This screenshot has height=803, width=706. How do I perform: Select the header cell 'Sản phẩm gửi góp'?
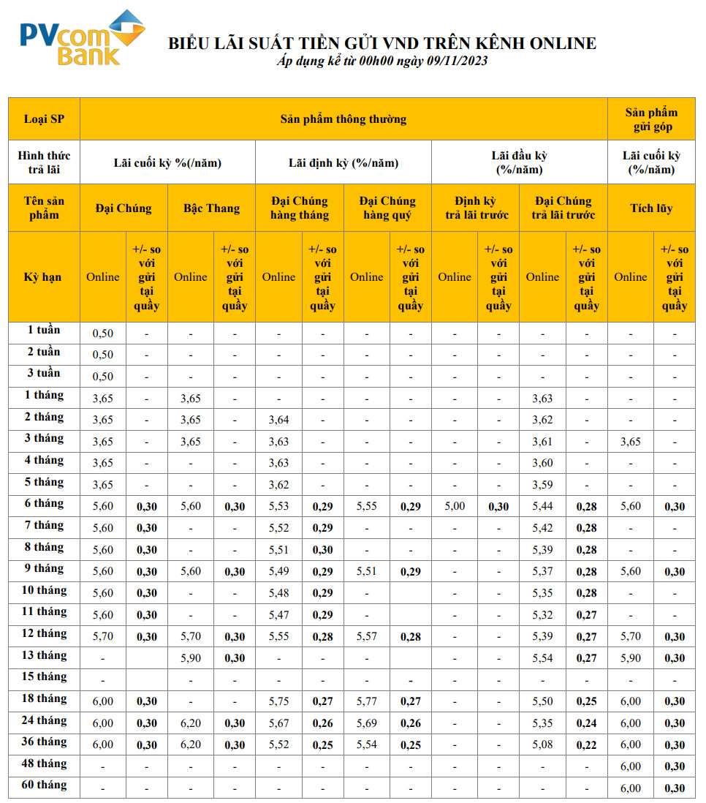point(651,119)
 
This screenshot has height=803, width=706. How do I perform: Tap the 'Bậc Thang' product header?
point(212,208)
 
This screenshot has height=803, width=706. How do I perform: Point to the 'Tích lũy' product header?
point(651,208)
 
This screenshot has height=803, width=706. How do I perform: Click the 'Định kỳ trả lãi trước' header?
point(476,208)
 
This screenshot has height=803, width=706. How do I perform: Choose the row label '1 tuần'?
point(44,331)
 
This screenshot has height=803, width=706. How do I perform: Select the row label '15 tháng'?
point(44,677)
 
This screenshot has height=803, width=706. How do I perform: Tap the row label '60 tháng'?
point(44,785)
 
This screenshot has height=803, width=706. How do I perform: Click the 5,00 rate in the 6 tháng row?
point(455,506)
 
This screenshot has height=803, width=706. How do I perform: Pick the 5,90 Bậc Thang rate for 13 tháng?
point(190,658)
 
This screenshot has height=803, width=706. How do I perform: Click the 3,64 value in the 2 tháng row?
point(278,420)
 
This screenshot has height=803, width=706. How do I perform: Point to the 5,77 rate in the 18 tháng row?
point(366,701)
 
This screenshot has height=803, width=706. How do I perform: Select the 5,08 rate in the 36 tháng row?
point(542,745)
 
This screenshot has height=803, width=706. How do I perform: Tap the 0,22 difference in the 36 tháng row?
point(586,745)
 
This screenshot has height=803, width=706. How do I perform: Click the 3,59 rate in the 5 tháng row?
point(542,485)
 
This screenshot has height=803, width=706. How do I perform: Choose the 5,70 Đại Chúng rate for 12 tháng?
point(102,636)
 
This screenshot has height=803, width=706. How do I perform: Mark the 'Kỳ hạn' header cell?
point(44,277)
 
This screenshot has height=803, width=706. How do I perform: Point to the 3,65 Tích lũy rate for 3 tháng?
point(630,442)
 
